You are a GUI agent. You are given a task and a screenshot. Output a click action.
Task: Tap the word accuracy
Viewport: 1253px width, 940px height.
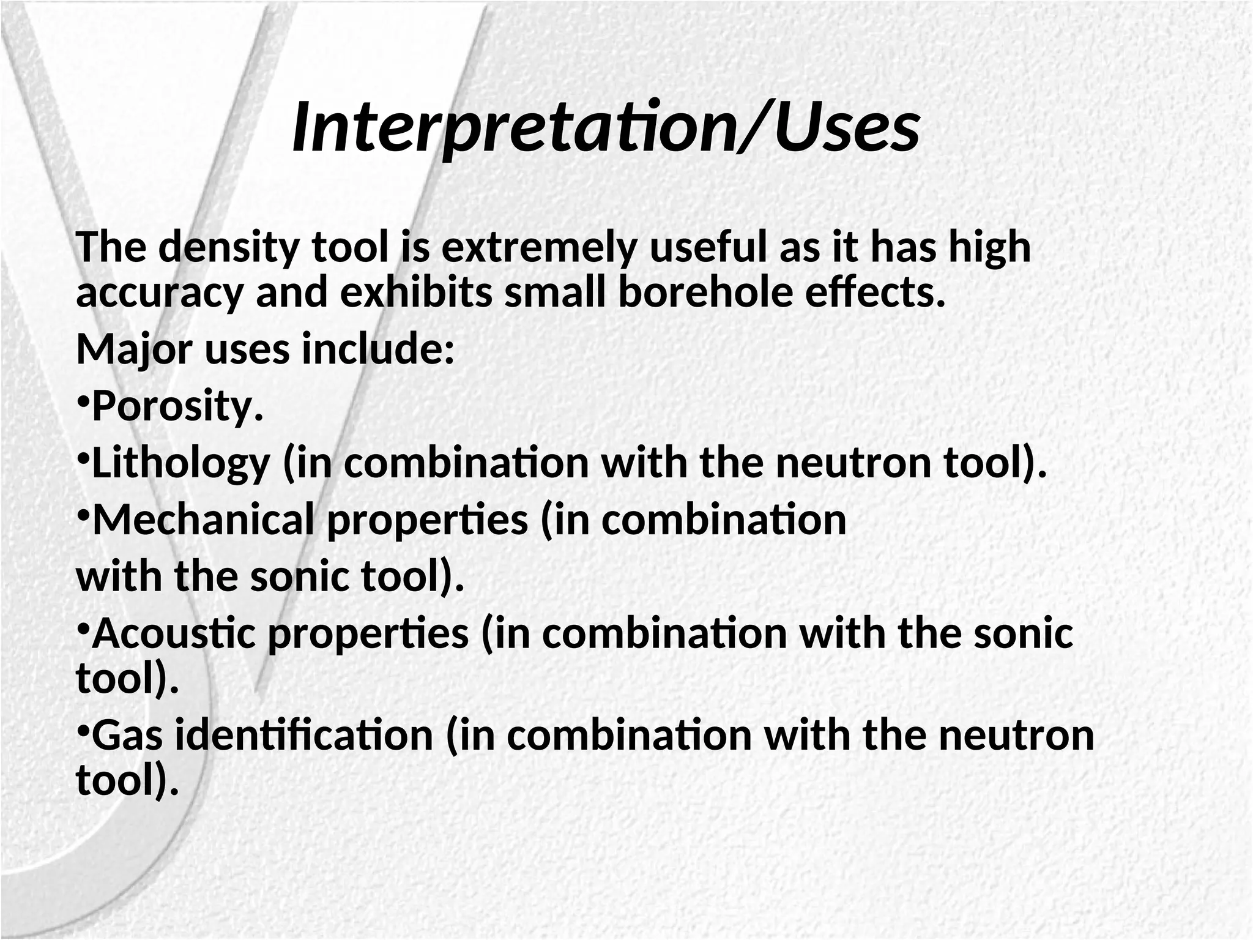point(159,293)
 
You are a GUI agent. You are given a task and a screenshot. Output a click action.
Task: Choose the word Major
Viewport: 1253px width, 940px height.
point(134,350)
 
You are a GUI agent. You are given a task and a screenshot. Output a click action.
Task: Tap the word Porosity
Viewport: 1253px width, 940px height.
point(177,407)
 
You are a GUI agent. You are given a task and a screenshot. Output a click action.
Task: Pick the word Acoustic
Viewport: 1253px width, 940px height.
point(174,633)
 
